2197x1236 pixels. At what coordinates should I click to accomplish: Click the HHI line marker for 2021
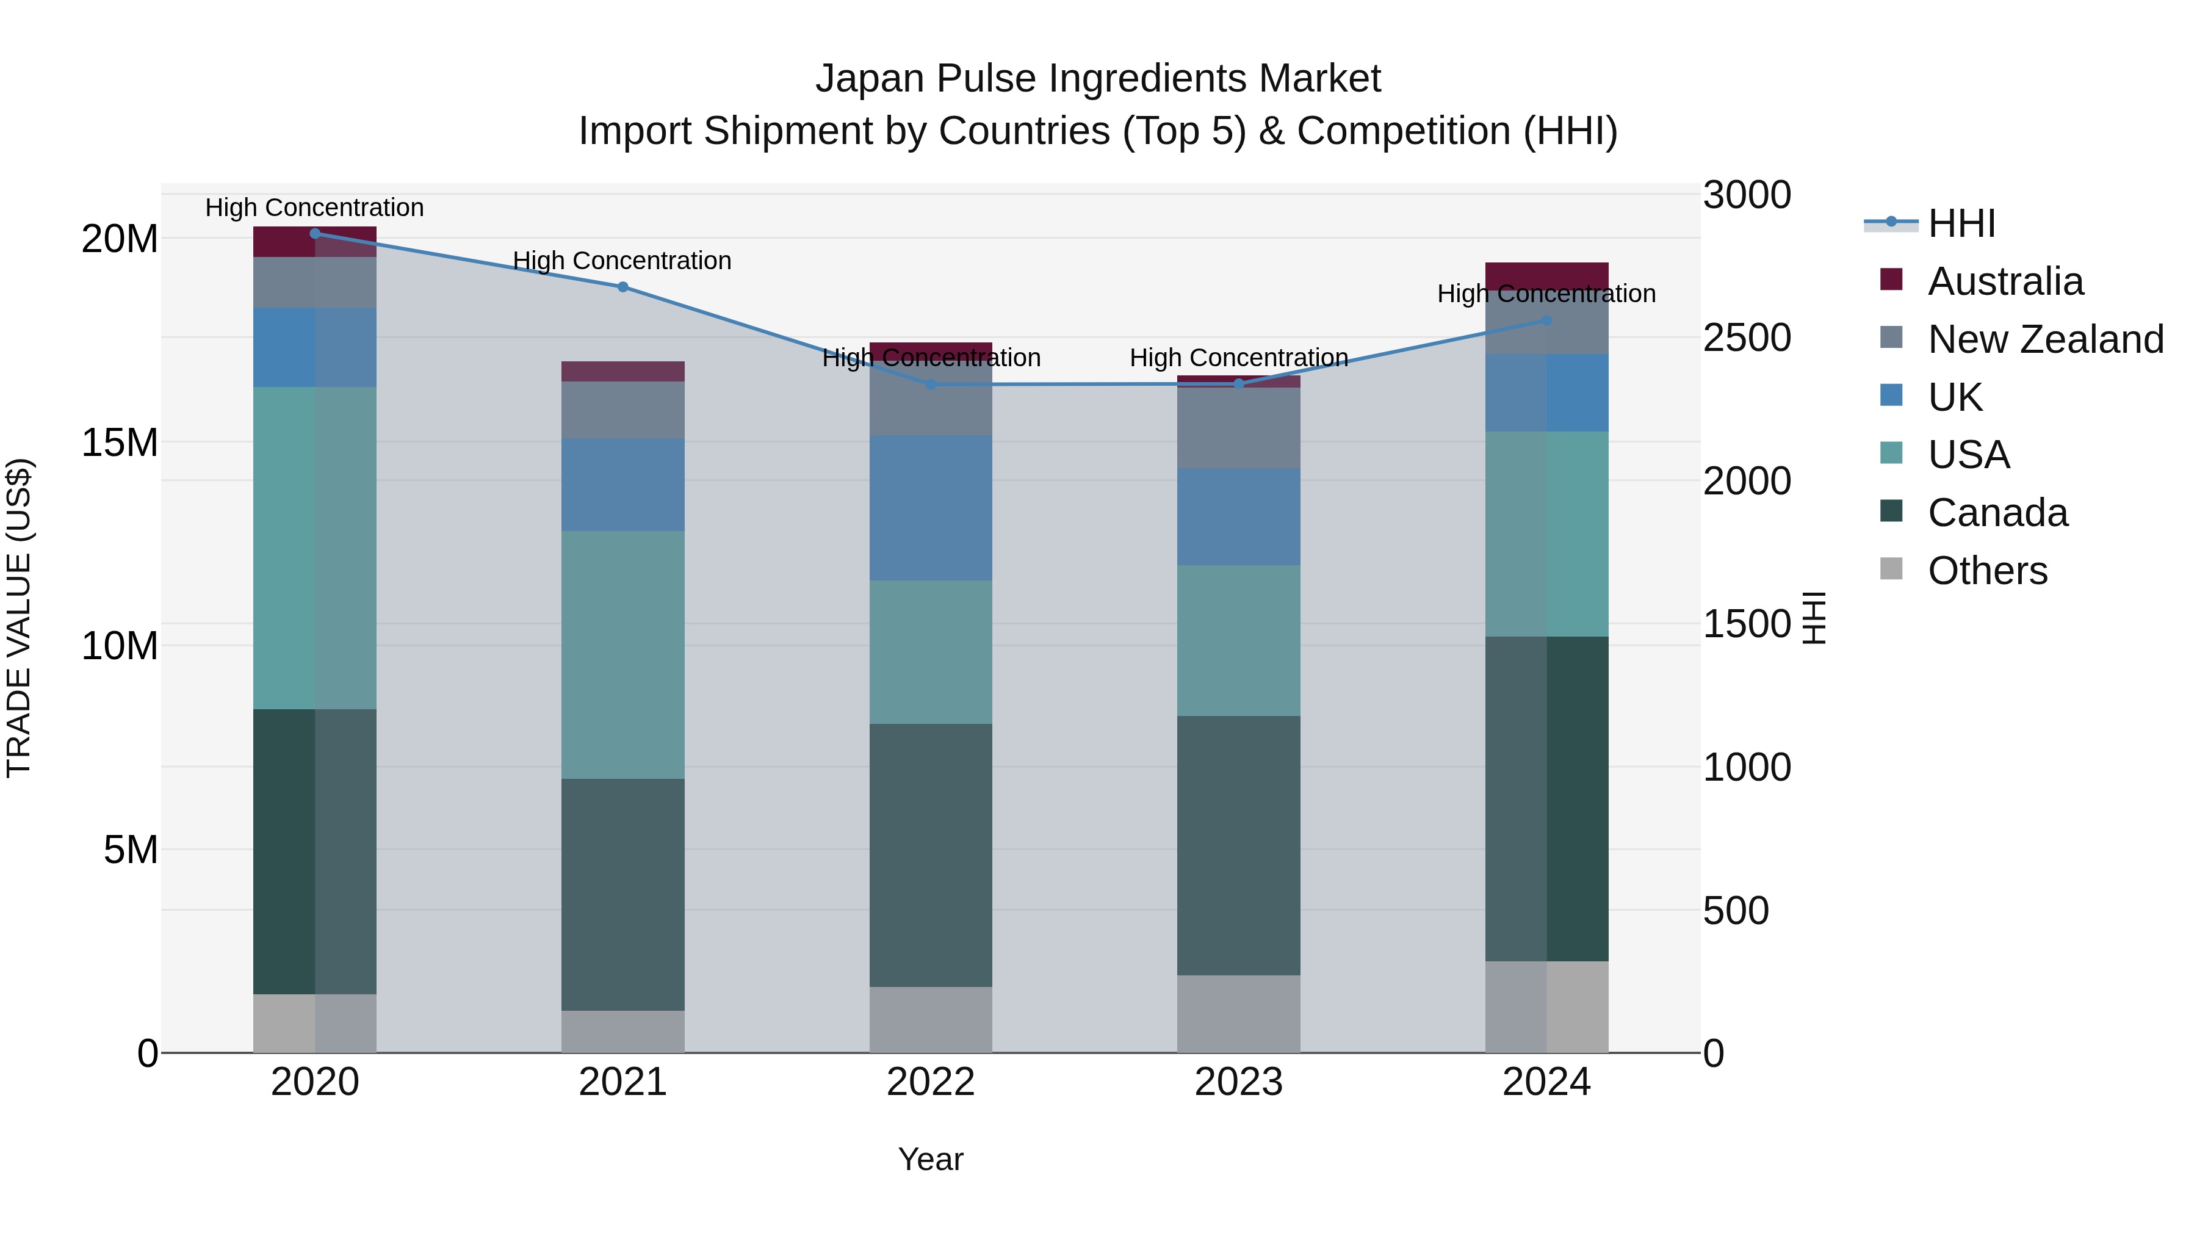pos(622,287)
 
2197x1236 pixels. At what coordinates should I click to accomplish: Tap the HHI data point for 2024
pos(1546,320)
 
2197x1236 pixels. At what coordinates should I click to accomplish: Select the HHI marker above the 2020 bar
pos(315,234)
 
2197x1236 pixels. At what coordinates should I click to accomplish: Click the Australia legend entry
pos(2004,281)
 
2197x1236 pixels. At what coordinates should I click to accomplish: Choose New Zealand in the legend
pos(2044,339)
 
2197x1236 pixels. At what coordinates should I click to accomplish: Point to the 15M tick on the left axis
pos(120,443)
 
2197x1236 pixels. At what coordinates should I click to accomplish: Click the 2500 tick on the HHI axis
pos(1747,338)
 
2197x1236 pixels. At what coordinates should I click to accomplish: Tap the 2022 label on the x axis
pos(931,1082)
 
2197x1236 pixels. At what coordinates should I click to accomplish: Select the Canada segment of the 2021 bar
pos(622,894)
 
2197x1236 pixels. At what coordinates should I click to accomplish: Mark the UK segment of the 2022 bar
pos(931,508)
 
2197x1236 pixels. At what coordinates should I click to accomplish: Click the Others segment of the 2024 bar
pos(1546,1007)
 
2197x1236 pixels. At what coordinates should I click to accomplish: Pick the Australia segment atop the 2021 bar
pos(622,371)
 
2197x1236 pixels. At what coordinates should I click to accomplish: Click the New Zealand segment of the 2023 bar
pos(1238,427)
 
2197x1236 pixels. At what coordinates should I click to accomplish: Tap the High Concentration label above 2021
pos(622,261)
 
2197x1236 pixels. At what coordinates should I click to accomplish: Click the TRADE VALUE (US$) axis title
pos(20,618)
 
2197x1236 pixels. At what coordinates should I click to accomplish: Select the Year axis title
pos(931,1159)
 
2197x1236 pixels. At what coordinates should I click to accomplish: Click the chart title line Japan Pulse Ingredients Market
pos(1098,79)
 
